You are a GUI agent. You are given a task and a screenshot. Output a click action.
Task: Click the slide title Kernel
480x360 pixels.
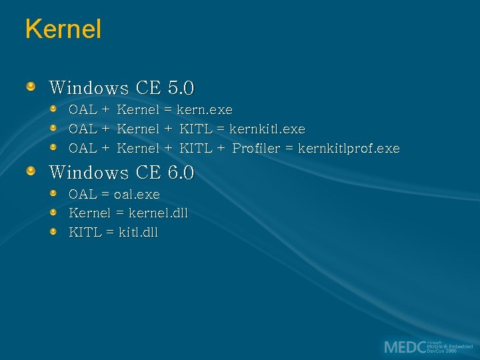tap(63, 29)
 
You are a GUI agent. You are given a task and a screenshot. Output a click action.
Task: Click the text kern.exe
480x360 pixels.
tap(205, 109)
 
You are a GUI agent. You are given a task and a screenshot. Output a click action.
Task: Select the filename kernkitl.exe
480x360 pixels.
tap(267, 129)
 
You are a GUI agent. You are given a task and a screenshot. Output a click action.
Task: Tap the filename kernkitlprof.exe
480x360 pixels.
tap(349, 149)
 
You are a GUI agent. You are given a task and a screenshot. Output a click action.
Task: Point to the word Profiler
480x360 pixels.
tap(256, 149)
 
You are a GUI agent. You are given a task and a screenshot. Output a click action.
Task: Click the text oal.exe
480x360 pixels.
tap(137, 195)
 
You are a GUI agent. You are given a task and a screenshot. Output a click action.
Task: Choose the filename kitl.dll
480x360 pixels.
tap(138, 233)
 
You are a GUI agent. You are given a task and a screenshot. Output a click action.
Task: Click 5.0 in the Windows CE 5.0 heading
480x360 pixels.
tap(181, 88)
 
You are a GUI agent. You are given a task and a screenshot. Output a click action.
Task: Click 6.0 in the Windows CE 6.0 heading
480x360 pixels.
tap(181, 173)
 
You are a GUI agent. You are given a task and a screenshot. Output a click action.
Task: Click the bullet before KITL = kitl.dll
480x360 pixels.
tap(53, 232)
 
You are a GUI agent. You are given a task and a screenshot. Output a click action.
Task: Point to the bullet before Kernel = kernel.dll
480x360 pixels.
tap(53, 213)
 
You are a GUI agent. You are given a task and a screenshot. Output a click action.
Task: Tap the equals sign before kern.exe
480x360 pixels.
tap(168, 109)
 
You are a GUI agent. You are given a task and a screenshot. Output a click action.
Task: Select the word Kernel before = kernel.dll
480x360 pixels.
tap(89, 213)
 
